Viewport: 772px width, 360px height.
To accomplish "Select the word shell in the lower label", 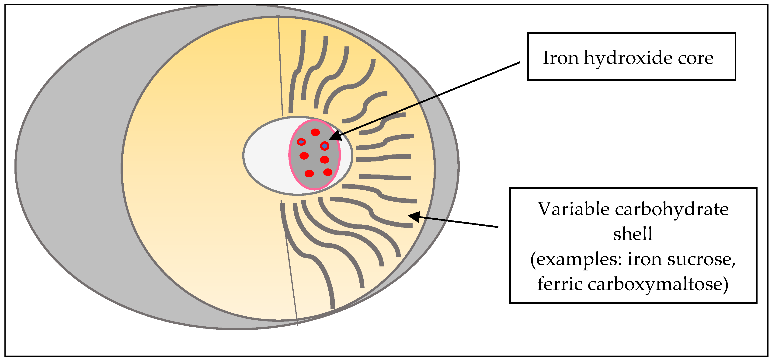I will tap(632, 234).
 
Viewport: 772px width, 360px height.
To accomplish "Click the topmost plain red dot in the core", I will tap(315, 132).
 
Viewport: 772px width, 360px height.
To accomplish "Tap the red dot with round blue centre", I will tap(325, 146).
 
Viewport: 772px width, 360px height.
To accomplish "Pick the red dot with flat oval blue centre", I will tap(301, 142).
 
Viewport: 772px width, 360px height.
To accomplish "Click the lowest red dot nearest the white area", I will tap(309, 174).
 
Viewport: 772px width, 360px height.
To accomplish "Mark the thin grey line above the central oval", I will tap(280, 66).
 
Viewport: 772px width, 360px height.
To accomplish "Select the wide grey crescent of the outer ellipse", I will tap(69, 168).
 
